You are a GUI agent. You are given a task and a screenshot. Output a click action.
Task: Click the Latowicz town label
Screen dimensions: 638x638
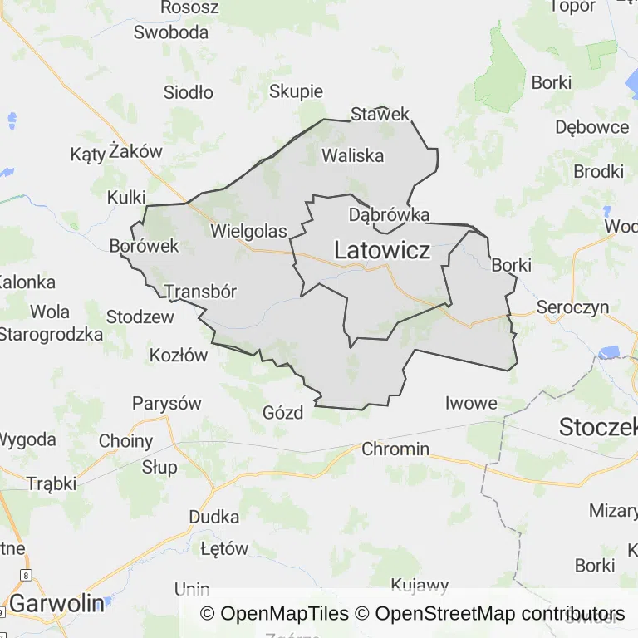coord(382,249)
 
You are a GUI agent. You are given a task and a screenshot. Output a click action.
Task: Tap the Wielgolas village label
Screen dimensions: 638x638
coord(248,231)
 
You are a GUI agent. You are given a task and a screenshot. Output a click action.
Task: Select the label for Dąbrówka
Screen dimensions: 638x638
coord(389,215)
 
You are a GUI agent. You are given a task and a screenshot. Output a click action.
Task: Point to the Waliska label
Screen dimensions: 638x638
coord(352,155)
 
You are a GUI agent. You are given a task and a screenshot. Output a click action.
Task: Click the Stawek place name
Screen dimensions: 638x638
coord(380,114)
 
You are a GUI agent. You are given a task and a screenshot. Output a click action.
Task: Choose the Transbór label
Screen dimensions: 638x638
coord(201,292)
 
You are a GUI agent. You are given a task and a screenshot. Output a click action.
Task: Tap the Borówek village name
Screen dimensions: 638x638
coord(145,246)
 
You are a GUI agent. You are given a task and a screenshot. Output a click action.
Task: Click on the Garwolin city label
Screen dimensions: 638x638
coord(56,603)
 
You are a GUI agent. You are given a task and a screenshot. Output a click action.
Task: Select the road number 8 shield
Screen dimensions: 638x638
coord(27,575)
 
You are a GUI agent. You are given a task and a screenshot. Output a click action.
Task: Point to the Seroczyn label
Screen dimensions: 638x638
coord(572,307)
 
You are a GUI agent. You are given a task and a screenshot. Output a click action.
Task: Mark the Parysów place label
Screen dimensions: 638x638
coord(167,404)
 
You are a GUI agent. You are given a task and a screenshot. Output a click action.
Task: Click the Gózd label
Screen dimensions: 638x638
coord(283,413)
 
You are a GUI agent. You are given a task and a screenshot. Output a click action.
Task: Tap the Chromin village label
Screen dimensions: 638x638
coord(395,449)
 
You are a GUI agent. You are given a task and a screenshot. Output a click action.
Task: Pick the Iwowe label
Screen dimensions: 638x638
coord(471,404)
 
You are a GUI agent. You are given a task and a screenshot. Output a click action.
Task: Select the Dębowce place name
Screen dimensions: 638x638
coord(592,127)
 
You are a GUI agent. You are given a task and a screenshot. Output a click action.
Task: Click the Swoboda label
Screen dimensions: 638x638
coord(171,32)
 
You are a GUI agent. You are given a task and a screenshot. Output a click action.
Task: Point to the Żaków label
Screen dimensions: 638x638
coord(135,152)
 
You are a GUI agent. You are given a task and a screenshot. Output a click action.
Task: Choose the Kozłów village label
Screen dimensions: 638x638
coord(179,356)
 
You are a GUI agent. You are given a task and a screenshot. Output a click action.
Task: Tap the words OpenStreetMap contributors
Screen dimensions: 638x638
coord(499,614)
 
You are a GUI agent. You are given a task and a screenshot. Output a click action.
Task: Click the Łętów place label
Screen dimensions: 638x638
coord(224,549)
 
